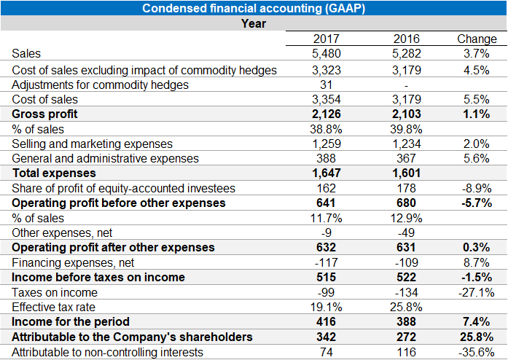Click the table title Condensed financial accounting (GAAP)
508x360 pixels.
[x=254, y=9]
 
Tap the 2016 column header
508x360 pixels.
[x=407, y=39]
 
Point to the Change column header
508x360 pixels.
[x=476, y=39]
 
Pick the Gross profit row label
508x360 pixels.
[x=44, y=114]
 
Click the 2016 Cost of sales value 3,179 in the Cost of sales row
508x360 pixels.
[x=407, y=99]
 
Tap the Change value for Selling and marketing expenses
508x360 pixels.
[x=476, y=144]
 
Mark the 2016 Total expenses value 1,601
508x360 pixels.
[x=407, y=173]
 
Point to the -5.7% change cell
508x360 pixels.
[x=476, y=203]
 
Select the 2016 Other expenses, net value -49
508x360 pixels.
[x=407, y=232]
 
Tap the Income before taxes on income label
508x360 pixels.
[x=98, y=277]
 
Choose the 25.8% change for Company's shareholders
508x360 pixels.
[x=476, y=337]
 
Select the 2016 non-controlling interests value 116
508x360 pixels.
[x=407, y=351]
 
